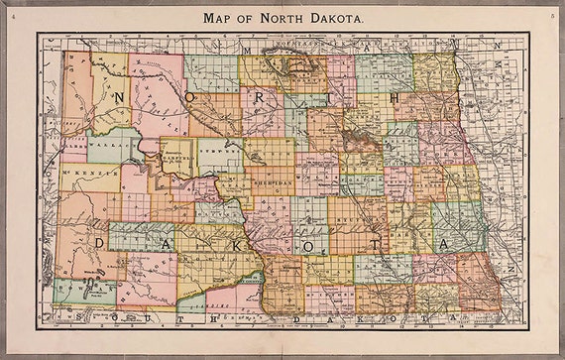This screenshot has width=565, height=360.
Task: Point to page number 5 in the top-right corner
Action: (x=551, y=17)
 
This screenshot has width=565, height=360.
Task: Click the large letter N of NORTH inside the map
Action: (x=119, y=97)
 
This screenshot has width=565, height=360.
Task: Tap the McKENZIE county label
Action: (x=79, y=177)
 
